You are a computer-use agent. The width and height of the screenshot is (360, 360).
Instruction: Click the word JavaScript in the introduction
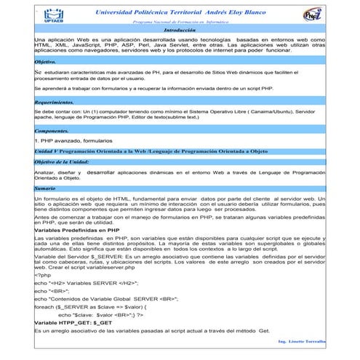coord(77,45)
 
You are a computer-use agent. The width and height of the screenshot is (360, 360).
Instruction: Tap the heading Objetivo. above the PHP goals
coord(46,63)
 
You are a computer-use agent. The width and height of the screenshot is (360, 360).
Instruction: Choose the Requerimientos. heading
coord(59,104)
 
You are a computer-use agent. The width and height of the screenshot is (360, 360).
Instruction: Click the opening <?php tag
coord(44,276)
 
